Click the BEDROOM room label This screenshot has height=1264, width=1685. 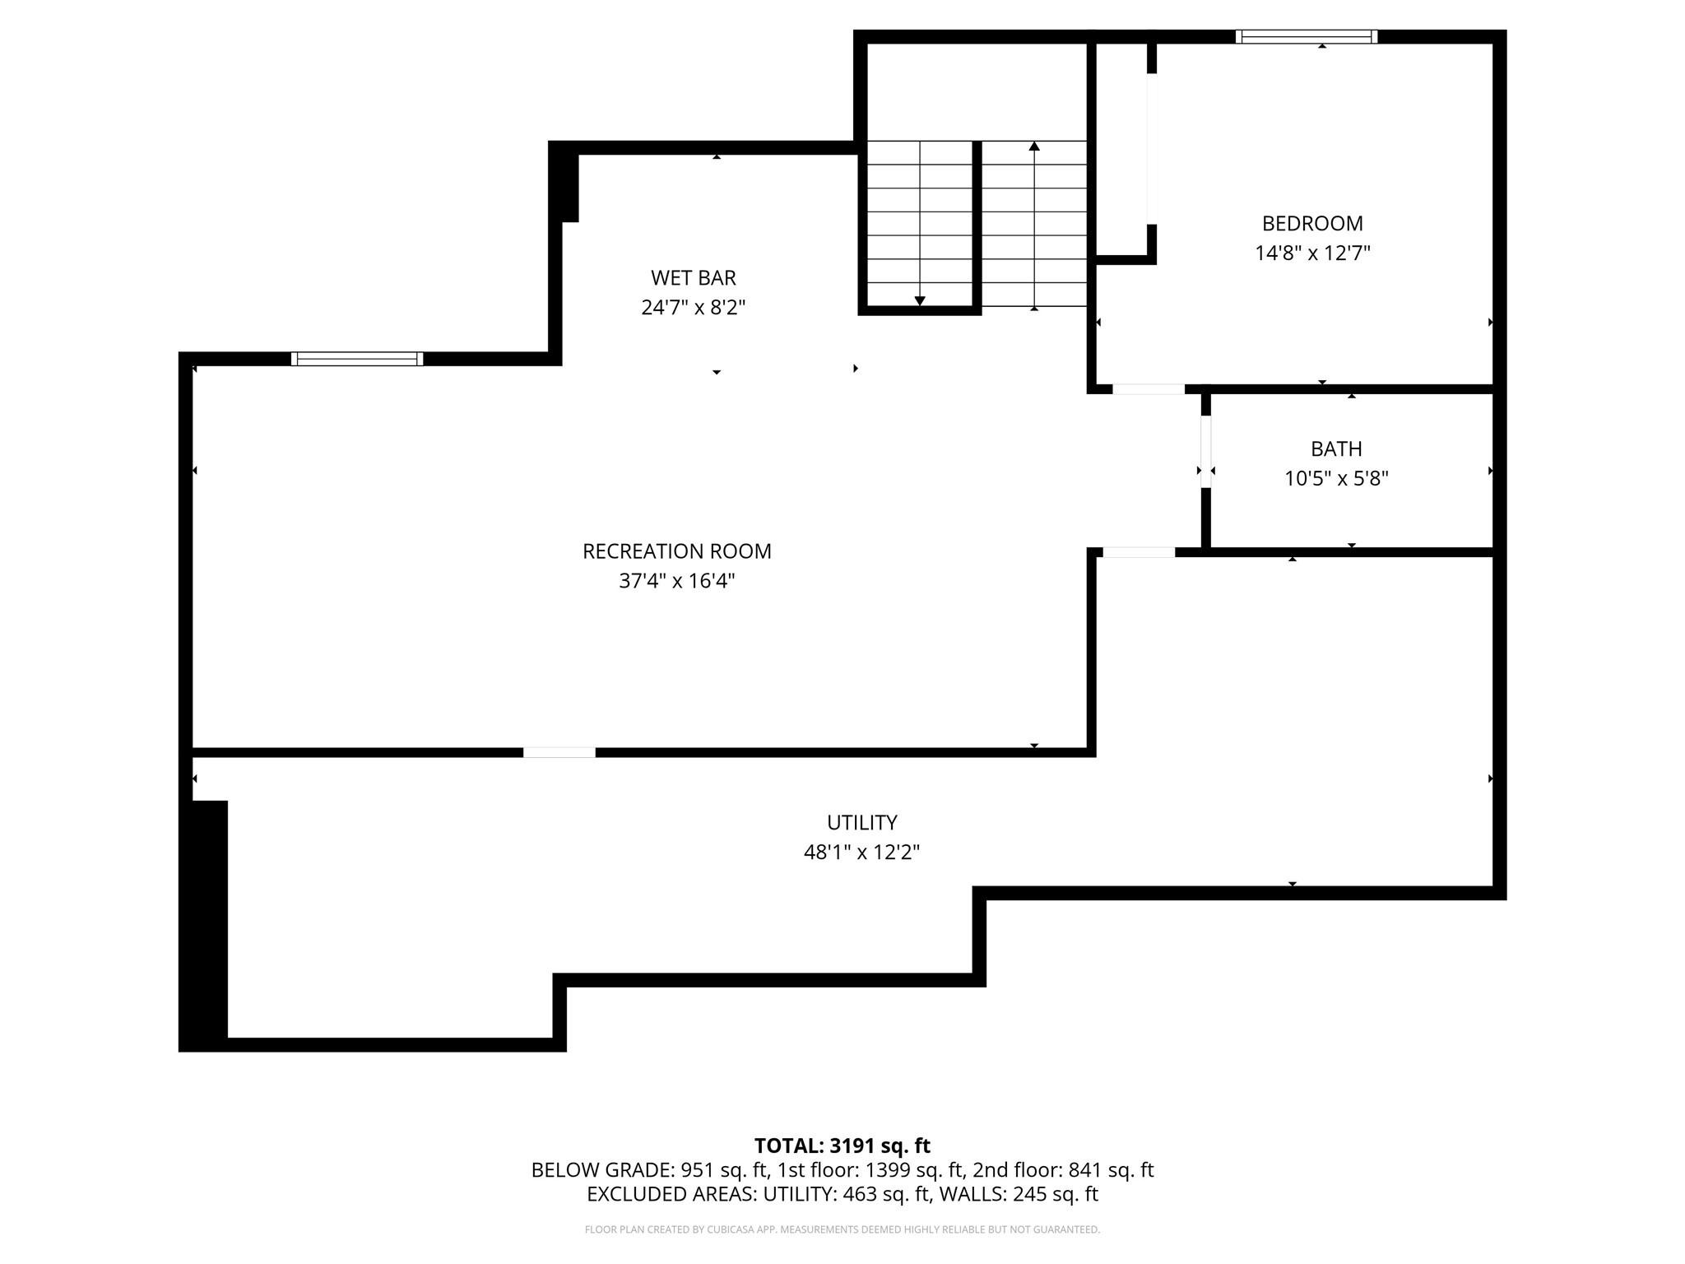point(1312,223)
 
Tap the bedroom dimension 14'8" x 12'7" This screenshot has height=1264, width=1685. point(1312,253)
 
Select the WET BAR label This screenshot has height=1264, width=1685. point(693,278)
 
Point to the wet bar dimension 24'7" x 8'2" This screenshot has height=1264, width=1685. point(693,308)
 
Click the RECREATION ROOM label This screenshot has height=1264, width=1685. point(676,551)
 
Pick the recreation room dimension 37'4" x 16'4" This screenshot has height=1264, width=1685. point(676,581)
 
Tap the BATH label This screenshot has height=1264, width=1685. point(1336,449)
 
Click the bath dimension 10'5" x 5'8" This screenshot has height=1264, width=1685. point(1336,479)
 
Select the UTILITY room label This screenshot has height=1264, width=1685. point(861,823)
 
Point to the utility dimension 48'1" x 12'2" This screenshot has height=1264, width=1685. point(861,853)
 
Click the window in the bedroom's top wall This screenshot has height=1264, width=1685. point(1307,36)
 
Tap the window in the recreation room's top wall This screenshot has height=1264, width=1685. point(357,359)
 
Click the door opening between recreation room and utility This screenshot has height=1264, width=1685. point(559,752)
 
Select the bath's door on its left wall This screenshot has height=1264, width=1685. point(1206,452)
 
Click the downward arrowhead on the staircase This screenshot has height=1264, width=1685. point(920,301)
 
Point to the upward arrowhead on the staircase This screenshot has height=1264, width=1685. point(1034,146)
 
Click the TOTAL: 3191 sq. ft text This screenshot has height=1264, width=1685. point(842,1145)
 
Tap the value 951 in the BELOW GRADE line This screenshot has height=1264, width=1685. point(696,1170)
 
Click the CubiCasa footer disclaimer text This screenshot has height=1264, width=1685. point(842,1229)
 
